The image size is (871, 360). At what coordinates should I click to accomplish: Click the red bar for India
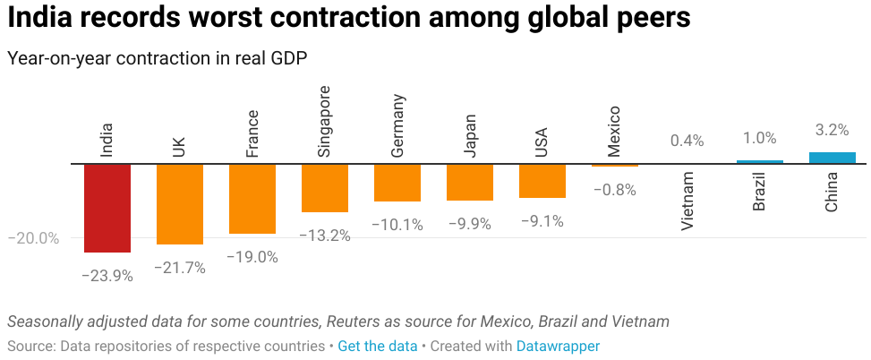pos(107,208)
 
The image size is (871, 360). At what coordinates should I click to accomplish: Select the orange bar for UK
pos(179,204)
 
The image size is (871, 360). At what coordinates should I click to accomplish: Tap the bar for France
pos(252,199)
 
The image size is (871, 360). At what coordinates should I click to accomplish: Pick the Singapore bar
pos(324,188)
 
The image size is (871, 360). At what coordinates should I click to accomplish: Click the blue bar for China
pos(832,158)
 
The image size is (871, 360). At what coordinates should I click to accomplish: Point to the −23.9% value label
pos(107,276)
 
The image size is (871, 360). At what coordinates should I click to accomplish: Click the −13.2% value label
pos(324,236)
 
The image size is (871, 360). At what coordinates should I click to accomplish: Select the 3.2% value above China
pos(832,130)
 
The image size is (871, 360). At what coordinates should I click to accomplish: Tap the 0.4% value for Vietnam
pos(687,141)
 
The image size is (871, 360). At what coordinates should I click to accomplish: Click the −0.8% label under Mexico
pos(614,190)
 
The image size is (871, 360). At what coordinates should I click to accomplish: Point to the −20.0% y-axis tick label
pos(33,238)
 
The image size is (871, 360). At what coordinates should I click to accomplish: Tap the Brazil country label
pos(759,193)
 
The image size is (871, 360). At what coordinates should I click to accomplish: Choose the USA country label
pos(542,141)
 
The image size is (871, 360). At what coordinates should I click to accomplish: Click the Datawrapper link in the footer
pos(558,346)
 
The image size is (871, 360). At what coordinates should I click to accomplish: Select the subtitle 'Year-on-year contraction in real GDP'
pos(157,57)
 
